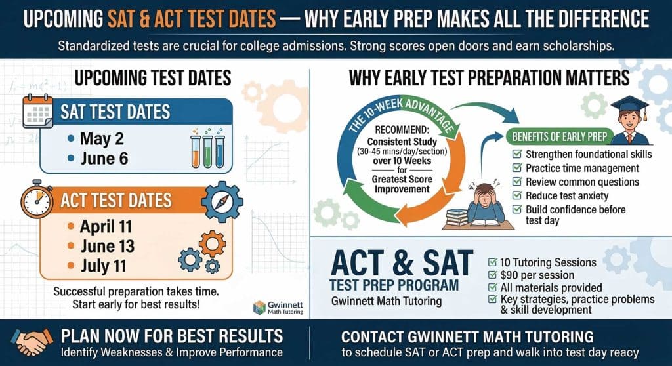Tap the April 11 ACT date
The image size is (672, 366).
(x=106, y=227)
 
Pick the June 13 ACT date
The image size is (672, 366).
(x=107, y=246)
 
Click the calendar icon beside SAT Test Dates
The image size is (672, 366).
(x=37, y=112)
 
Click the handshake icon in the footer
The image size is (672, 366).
(x=31, y=341)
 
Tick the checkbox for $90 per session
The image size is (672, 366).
(x=492, y=275)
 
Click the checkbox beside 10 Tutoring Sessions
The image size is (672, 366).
(x=492, y=262)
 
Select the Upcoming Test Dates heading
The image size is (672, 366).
(x=152, y=79)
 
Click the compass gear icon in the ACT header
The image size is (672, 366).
(x=222, y=201)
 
